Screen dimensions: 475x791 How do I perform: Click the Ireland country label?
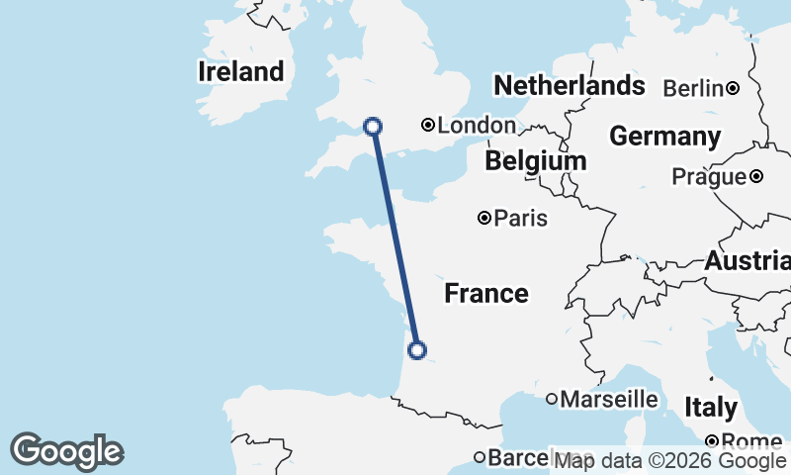(x=240, y=71)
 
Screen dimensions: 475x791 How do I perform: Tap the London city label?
(x=477, y=126)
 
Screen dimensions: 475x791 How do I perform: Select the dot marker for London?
(x=428, y=125)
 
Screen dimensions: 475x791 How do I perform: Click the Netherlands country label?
(x=569, y=85)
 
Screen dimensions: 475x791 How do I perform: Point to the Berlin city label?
(x=693, y=88)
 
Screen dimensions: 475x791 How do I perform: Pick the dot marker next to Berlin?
(x=733, y=88)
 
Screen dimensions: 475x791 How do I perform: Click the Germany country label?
(x=664, y=136)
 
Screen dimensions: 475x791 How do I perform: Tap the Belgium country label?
(x=535, y=160)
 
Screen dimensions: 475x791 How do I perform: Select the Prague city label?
(x=708, y=177)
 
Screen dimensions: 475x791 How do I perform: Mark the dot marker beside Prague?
(x=755, y=176)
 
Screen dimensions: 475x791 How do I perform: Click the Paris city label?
(x=521, y=219)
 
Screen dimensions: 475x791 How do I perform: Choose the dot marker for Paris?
(x=484, y=218)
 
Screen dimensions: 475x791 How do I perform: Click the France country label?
(x=485, y=293)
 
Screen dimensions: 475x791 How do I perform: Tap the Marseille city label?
(x=609, y=399)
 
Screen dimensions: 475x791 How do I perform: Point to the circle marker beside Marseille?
(x=552, y=399)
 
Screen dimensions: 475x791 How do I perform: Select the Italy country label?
(x=710, y=407)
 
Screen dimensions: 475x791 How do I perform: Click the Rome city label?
(x=753, y=441)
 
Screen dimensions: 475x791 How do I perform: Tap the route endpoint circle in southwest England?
(x=373, y=126)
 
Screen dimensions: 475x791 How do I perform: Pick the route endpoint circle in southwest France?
(x=417, y=349)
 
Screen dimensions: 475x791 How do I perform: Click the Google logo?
(x=66, y=451)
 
